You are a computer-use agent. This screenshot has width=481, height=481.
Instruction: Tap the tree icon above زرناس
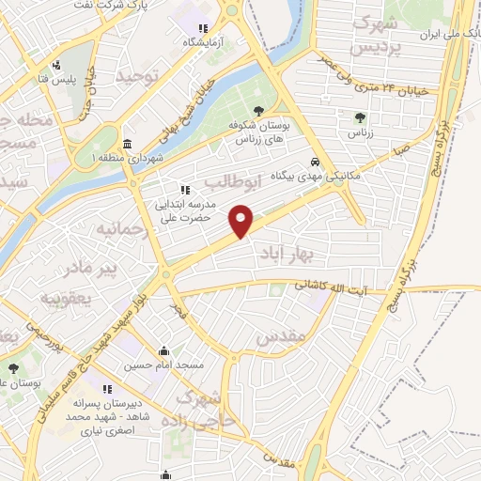click(361, 117)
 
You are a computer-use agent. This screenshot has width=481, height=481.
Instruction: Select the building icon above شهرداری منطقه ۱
click(128, 145)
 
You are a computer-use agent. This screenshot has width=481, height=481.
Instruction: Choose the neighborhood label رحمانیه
click(119, 228)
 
